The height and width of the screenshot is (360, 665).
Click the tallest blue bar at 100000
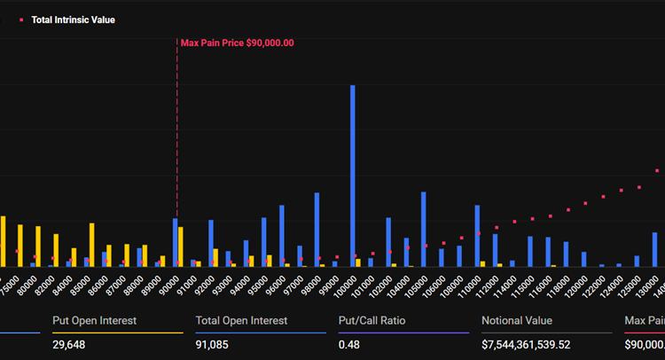(353, 176)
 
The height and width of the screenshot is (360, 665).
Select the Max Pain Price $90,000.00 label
(237, 43)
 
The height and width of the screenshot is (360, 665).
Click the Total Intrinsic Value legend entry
(73, 20)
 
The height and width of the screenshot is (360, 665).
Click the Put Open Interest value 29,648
(71, 343)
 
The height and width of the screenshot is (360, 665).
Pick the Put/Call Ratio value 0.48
(348, 343)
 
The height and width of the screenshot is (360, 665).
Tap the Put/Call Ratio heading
(372, 320)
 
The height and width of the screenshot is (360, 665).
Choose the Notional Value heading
(517, 320)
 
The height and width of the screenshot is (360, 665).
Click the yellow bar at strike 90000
(181, 247)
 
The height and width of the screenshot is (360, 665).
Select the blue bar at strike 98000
(317, 230)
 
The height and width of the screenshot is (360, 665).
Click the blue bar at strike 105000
(424, 229)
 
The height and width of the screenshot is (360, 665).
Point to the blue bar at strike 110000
(477, 236)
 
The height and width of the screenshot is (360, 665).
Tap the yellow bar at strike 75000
(4, 241)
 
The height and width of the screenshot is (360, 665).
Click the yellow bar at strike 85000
(91, 245)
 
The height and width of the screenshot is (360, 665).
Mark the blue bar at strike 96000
(282, 236)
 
